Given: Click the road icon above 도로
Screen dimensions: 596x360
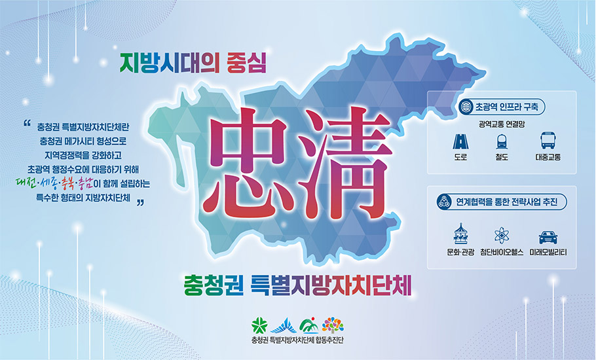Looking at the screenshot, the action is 460,141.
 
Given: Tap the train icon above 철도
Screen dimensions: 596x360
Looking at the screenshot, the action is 502,141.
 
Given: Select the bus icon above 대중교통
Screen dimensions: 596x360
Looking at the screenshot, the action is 548,141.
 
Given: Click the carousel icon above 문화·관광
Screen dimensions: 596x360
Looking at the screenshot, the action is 461,234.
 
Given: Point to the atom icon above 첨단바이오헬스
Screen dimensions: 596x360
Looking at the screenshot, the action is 502,236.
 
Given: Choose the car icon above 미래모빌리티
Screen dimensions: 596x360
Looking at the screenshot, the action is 548,238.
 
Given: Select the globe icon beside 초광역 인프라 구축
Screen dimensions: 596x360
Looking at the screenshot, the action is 466,107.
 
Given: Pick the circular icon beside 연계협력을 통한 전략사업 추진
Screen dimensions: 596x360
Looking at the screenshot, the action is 444,202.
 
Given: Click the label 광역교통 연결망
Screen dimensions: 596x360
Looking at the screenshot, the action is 501,124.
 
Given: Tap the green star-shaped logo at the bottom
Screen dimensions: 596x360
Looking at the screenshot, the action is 259,325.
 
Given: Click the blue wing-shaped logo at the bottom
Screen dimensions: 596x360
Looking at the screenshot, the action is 283,326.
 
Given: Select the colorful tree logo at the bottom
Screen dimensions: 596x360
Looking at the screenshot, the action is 333,325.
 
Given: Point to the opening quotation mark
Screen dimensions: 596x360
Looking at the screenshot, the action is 27,123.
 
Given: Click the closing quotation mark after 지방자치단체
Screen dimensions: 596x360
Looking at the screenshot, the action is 140,202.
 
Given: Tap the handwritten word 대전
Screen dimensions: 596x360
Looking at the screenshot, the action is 26,183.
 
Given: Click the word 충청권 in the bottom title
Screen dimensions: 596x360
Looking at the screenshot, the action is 214,285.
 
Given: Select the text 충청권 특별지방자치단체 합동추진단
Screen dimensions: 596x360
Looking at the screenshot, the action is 297,340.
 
